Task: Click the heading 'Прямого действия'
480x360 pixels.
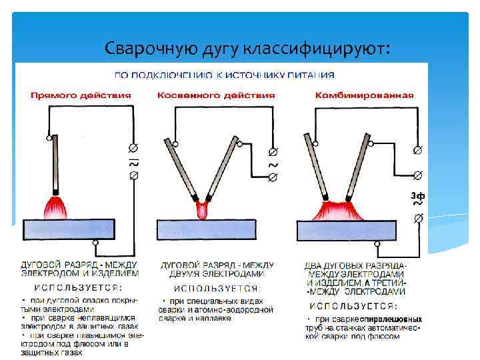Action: click(81, 95)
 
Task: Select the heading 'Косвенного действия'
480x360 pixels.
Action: click(216, 95)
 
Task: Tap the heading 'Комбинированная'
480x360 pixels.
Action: click(364, 95)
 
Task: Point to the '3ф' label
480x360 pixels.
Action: click(417, 195)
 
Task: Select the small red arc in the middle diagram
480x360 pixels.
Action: click(202, 211)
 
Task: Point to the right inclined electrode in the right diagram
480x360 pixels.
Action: click(353, 167)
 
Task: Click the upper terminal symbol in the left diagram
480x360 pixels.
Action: click(133, 147)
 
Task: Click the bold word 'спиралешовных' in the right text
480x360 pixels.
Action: click(393, 319)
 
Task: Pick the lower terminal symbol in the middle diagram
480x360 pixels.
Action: click(273, 177)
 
